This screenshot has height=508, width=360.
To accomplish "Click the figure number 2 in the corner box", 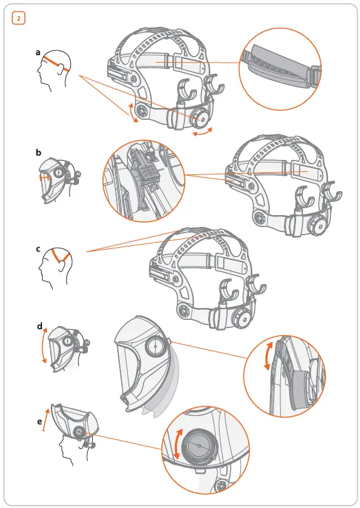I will pyautogui.click(x=18, y=18).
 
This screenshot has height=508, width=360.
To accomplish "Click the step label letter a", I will pyautogui.click(x=38, y=54).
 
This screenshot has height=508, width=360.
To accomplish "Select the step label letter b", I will pyautogui.click(x=38, y=152).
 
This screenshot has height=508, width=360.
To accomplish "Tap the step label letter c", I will pyautogui.click(x=38, y=249).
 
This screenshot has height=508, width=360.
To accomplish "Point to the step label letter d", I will pyautogui.click(x=39, y=326).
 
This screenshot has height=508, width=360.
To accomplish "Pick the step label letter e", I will pyautogui.click(x=39, y=421).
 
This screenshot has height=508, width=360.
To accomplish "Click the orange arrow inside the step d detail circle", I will pyautogui.click(x=268, y=359).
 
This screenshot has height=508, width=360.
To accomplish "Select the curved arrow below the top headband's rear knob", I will pyautogui.click(x=202, y=133).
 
